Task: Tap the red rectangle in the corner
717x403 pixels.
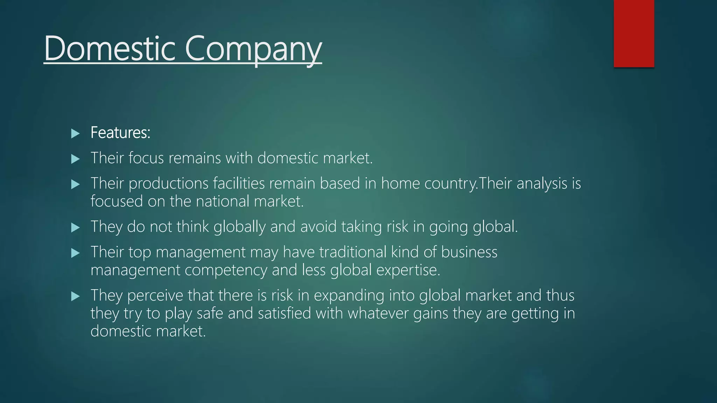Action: click(634, 34)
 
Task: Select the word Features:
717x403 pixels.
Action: click(120, 133)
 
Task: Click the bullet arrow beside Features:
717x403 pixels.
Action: click(75, 133)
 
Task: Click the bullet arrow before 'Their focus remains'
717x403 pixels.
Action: click(75, 159)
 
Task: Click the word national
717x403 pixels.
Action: click(222, 201)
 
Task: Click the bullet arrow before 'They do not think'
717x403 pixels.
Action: click(75, 228)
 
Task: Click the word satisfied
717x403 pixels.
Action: click(284, 313)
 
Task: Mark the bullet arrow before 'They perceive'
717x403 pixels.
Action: click(75, 297)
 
